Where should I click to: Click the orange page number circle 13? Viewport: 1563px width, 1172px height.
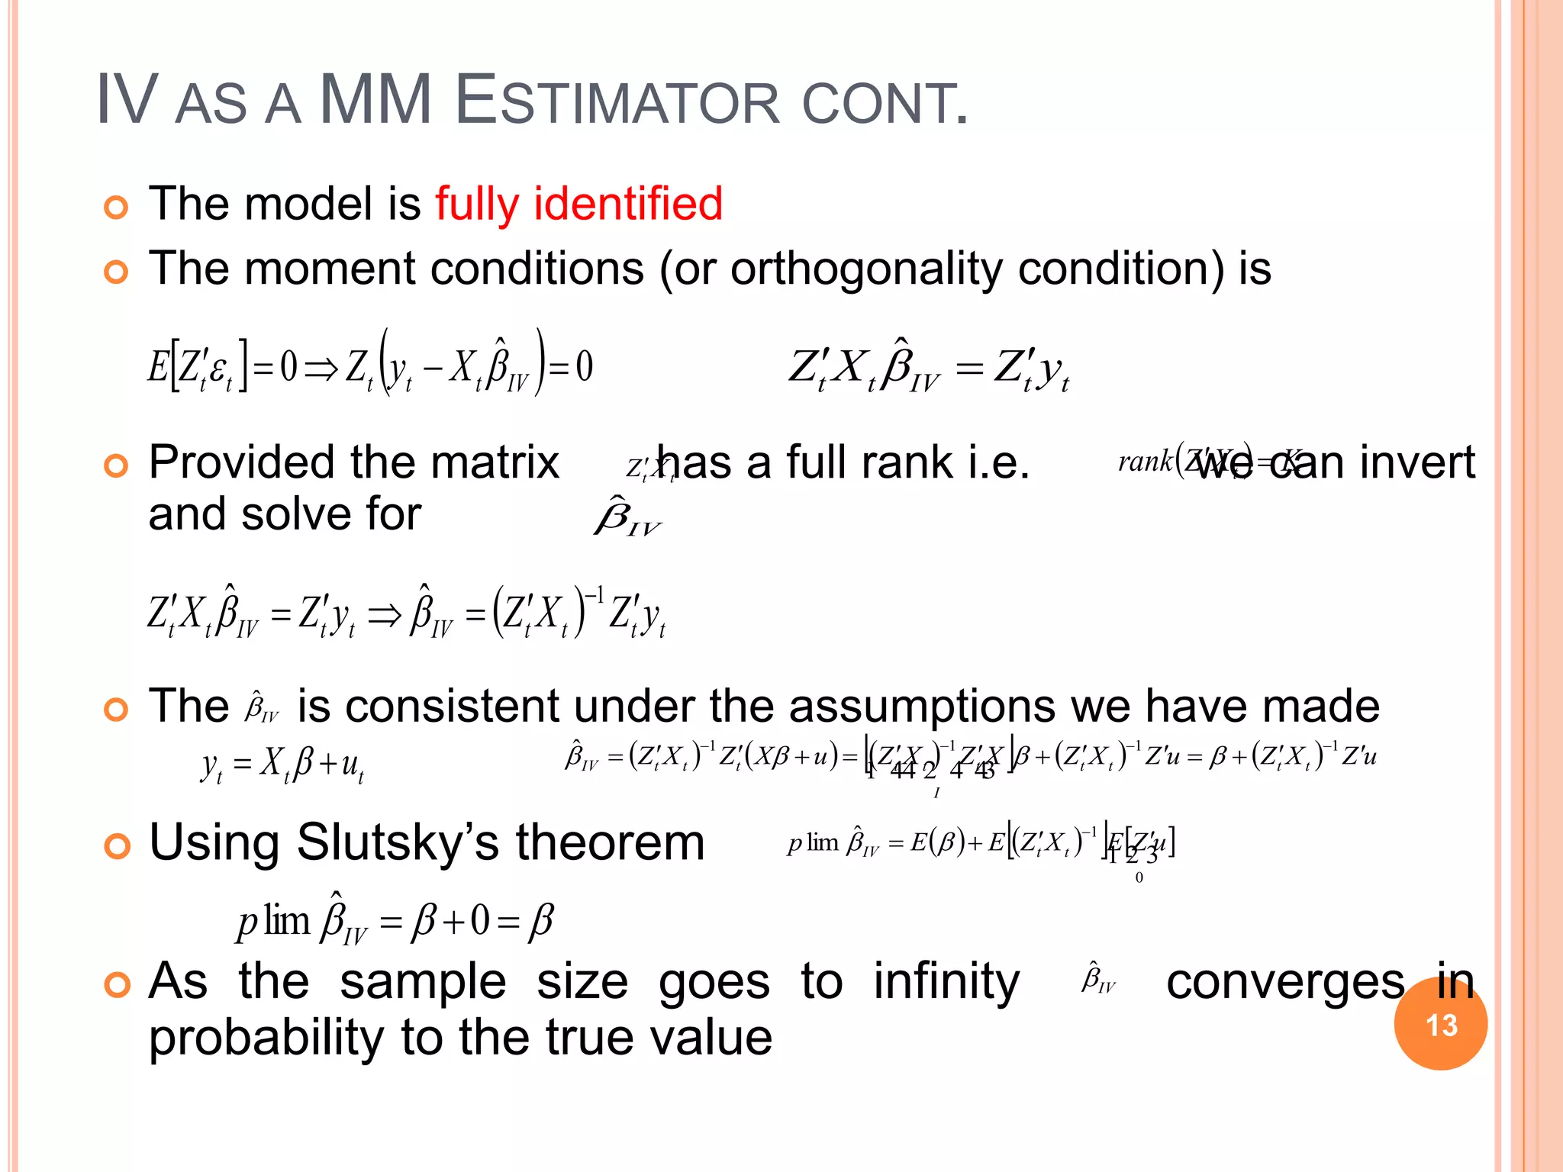1440,1024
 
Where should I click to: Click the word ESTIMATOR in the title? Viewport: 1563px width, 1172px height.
617,101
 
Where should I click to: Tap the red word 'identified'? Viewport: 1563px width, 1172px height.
627,204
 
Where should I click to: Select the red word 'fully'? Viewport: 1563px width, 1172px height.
477,205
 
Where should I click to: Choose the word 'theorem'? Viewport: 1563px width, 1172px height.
610,842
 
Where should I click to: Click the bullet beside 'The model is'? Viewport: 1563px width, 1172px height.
116,207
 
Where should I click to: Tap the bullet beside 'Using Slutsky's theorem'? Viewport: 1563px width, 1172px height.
116,846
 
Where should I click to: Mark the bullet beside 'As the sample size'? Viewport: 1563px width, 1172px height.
116,985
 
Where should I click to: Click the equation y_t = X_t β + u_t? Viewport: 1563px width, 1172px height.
282,764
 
